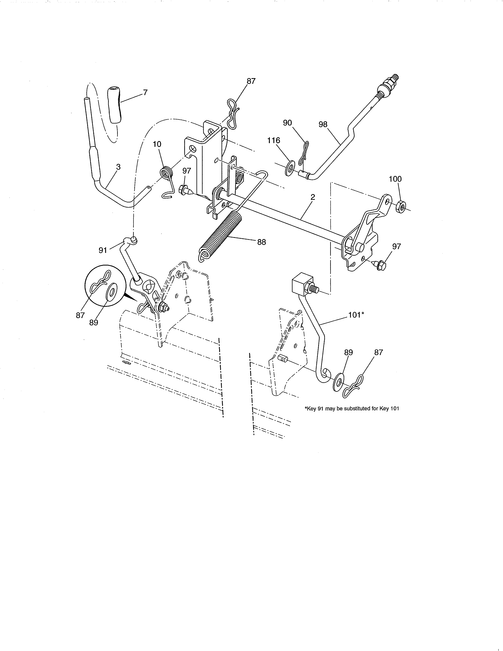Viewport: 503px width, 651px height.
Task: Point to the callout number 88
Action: point(261,242)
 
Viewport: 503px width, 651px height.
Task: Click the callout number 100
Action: point(395,179)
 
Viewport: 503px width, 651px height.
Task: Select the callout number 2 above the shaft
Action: point(313,197)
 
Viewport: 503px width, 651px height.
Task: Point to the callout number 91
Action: point(103,250)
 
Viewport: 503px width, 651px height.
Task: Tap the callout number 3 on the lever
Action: point(118,167)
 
